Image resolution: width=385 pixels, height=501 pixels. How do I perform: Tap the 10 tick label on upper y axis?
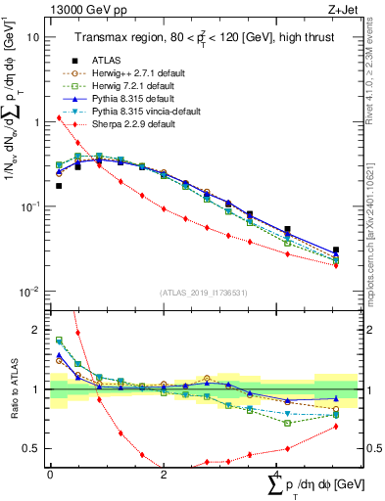(x=33, y=37)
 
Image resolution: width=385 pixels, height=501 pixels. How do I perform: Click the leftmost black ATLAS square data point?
(x=59, y=185)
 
